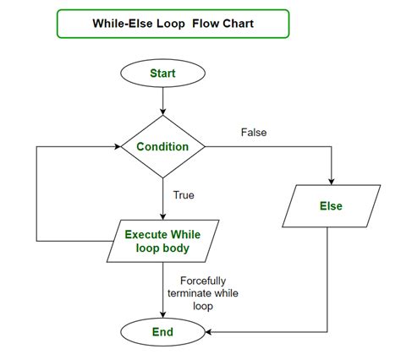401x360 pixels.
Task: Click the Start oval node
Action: [162, 74]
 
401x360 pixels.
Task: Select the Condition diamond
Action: [162, 146]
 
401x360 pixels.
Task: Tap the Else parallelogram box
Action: [331, 206]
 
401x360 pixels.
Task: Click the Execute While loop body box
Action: [162, 242]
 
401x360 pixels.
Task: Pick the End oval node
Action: [162, 333]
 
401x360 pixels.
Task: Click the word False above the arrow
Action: [254, 133]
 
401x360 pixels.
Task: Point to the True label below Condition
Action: [184, 195]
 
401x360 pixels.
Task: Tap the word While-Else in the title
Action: [125, 24]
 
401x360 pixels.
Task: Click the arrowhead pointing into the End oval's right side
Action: [206, 333]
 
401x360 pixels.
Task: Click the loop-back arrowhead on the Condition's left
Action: [118, 146]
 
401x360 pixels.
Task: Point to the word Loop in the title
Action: [179, 24]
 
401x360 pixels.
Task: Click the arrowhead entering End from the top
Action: [162, 314]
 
